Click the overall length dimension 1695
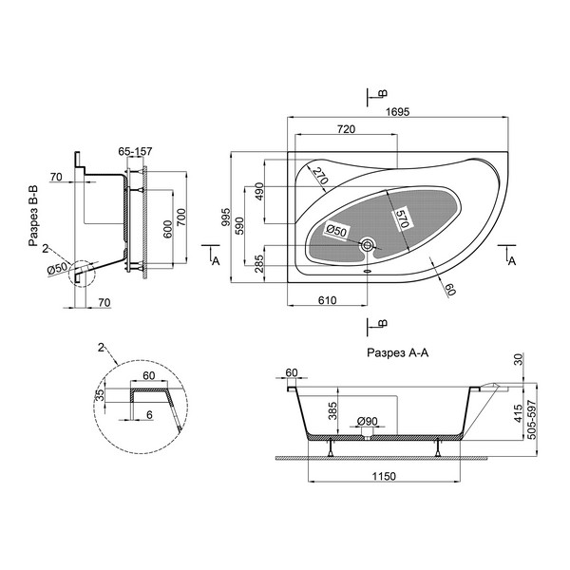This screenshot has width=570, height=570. pyautogui.click(x=397, y=111)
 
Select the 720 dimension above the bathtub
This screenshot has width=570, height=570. pyautogui.click(x=346, y=129)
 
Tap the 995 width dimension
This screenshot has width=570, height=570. pyautogui.click(x=226, y=217)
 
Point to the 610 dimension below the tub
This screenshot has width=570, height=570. pyautogui.click(x=327, y=300)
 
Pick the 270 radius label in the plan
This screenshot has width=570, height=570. pyautogui.click(x=321, y=175)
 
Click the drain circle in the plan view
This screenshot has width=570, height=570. pyautogui.click(x=367, y=245)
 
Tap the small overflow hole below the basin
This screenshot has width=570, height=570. pyautogui.click(x=367, y=271)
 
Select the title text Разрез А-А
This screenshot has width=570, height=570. pyautogui.click(x=398, y=352)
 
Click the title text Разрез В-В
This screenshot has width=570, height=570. pyautogui.click(x=33, y=217)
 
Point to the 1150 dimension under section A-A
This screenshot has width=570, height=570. pyautogui.click(x=384, y=476)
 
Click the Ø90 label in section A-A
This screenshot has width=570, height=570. pyautogui.click(x=367, y=421)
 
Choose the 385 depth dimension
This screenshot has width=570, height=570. pyautogui.click(x=332, y=410)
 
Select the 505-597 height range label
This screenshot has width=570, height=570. pyautogui.click(x=532, y=420)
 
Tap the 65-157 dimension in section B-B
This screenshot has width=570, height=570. pyautogui.click(x=135, y=151)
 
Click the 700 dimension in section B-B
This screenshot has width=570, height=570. pyautogui.click(x=181, y=218)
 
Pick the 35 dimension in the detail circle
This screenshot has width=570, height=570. pyautogui.click(x=99, y=395)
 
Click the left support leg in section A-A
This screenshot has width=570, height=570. pyautogui.click(x=331, y=448)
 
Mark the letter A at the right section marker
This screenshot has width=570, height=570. pyautogui.click(x=512, y=260)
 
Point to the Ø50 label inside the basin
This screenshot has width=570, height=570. pyautogui.click(x=336, y=231)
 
